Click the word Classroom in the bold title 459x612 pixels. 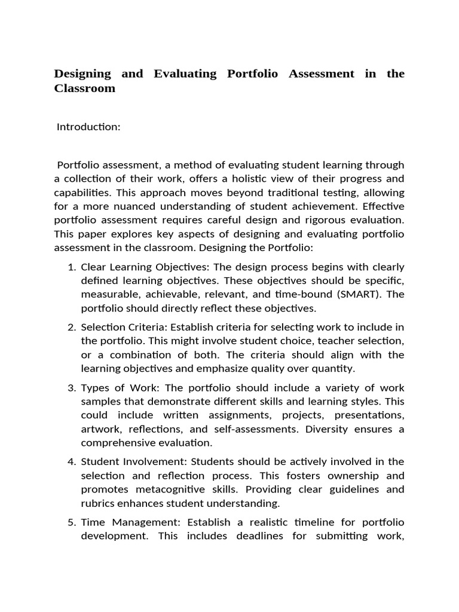(x=84, y=88)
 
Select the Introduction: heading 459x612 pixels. (x=88, y=127)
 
